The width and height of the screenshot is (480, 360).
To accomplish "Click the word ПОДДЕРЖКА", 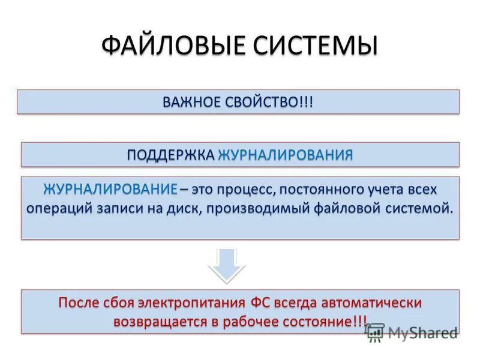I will coord(170,155).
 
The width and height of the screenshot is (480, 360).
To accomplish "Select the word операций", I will coord(58,208).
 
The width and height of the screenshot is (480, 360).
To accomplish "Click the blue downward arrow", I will coord(227,264).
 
